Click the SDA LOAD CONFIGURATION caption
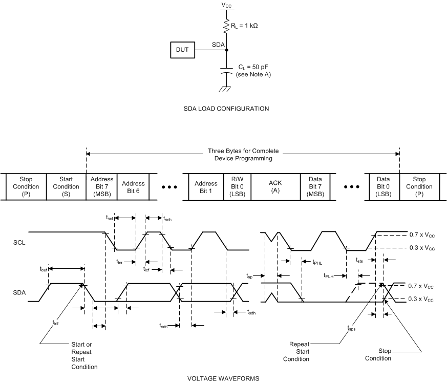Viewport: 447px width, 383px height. (x=226, y=109)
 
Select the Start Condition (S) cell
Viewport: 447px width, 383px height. (x=67, y=186)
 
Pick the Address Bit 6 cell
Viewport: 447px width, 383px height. (x=133, y=186)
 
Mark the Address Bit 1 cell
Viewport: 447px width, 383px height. (x=206, y=186)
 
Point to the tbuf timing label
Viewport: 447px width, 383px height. (x=44, y=268)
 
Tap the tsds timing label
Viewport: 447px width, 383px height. (x=163, y=325)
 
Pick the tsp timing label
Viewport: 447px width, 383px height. (x=249, y=275)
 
